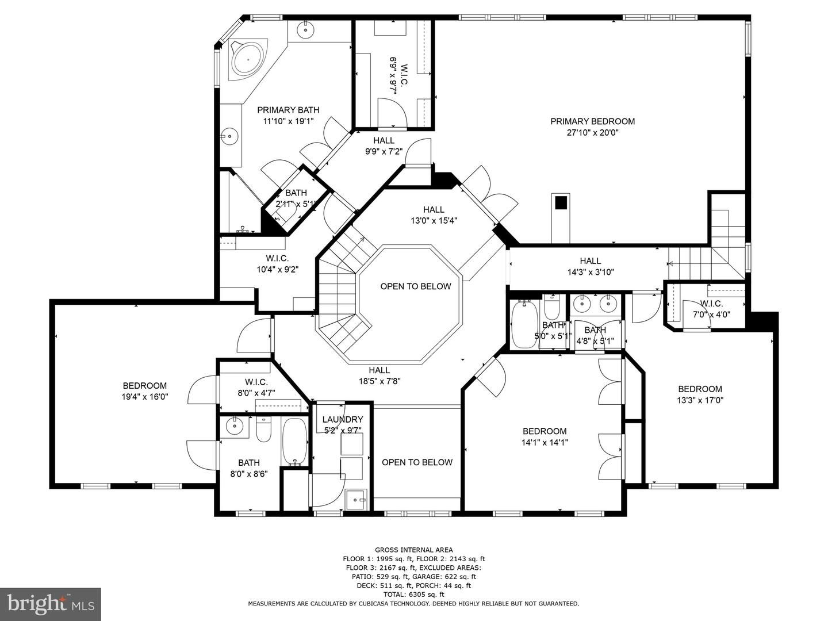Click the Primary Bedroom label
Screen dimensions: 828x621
pyautogui.click(x=592, y=121)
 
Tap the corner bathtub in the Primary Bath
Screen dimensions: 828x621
pyautogui.click(x=247, y=60)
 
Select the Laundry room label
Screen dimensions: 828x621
pyautogui.click(x=343, y=419)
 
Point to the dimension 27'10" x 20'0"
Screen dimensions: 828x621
pyautogui.click(x=592, y=133)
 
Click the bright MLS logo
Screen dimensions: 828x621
pyautogui.click(x=51, y=604)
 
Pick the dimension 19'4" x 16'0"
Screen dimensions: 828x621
pyautogui.click(x=145, y=397)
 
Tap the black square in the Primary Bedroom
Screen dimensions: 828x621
pyautogui.click(x=561, y=202)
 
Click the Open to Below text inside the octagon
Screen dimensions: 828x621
pyautogui.click(x=415, y=286)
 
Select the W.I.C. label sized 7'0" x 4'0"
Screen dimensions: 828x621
pyautogui.click(x=711, y=304)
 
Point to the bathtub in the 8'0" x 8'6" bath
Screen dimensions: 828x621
pyautogui.click(x=294, y=442)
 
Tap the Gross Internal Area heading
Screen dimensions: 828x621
pyautogui.click(x=414, y=550)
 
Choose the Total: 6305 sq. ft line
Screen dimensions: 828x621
pyautogui.click(x=414, y=595)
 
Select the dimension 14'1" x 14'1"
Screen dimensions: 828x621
pyautogui.click(x=545, y=443)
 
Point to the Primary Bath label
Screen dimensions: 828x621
pyautogui.click(x=288, y=110)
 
